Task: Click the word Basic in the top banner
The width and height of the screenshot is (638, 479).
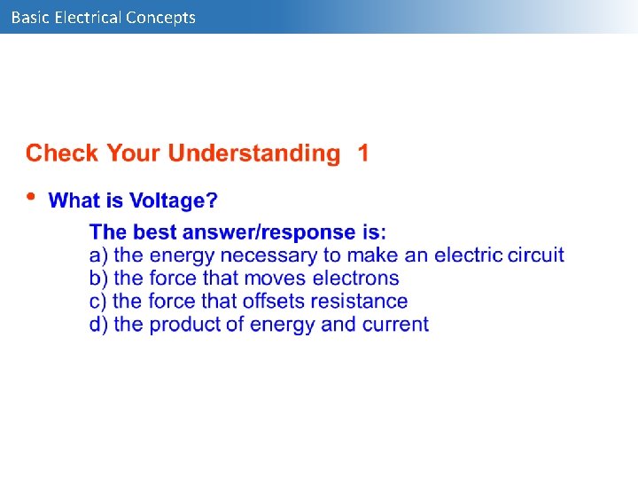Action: tap(30, 17)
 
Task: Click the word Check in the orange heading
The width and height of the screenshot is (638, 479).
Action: tap(63, 153)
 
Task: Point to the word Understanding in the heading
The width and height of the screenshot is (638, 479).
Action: tap(254, 153)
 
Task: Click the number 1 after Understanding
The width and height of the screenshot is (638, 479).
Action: tap(363, 153)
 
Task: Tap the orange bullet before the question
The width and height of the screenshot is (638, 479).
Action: tap(31, 197)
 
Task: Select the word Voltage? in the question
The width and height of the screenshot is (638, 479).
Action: tap(174, 201)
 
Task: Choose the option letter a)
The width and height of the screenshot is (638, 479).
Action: tap(99, 255)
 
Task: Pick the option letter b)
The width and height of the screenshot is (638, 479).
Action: tap(99, 279)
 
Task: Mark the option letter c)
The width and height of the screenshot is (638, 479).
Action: tap(99, 302)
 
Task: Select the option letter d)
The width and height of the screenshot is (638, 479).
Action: tap(99, 325)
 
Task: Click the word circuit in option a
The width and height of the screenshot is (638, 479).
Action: tap(534, 255)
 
